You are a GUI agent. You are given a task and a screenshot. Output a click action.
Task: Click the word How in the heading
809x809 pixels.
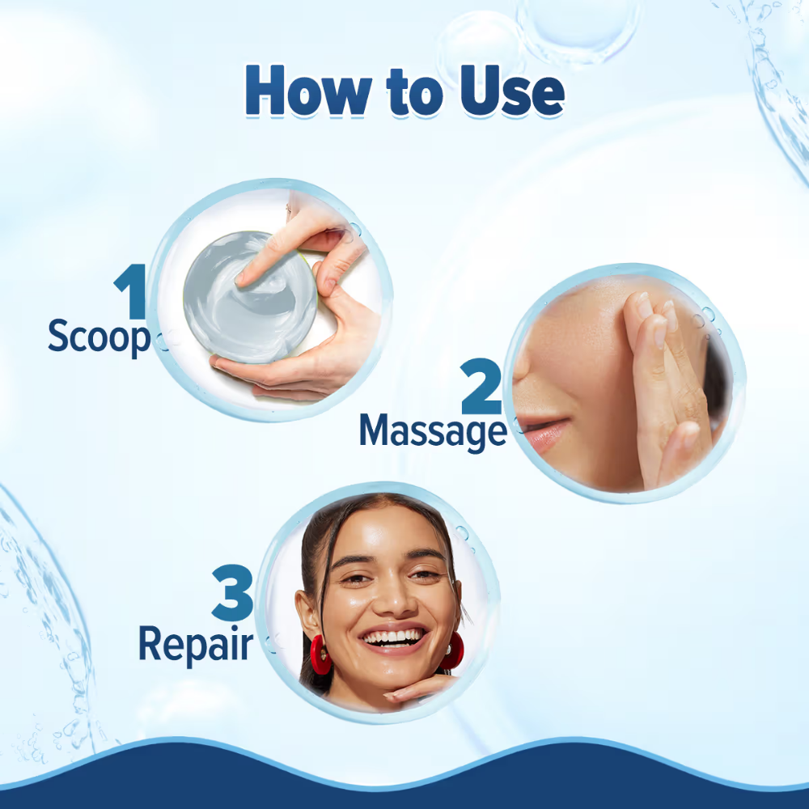pyautogui.click(x=308, y=91)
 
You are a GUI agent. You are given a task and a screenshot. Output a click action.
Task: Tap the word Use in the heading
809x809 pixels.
pyautogui.click(x=512, y=91)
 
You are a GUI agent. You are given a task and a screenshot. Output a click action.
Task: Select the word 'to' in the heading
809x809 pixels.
pyautogui.click(x=415, y=93)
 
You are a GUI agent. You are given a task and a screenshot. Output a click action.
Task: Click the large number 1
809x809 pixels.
pyautogui.click(x=130, y=291)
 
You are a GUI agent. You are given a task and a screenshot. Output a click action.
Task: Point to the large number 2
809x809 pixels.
pyautogui.click(x=481, y=386)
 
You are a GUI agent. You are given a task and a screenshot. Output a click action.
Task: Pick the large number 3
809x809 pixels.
pyautogui.click(x=232, y=592)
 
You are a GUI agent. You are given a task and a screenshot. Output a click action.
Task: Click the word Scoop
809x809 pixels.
pyautogui.click(x=99, y=337)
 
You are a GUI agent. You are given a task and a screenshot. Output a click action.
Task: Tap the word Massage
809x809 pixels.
pyautogui.click(x=433, y=432)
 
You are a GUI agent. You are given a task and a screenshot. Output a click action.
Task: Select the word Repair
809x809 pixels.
pyautogui.click(x=196, y=645)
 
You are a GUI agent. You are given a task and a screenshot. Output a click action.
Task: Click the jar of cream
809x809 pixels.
pyautogui.click(x=250, y=297)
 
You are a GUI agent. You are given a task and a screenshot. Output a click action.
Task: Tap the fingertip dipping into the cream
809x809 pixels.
pyautogui.click(x=244, y=279)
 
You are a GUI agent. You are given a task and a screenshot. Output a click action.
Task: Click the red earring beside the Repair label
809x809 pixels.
pyautogui.click(x=320, y=654)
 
